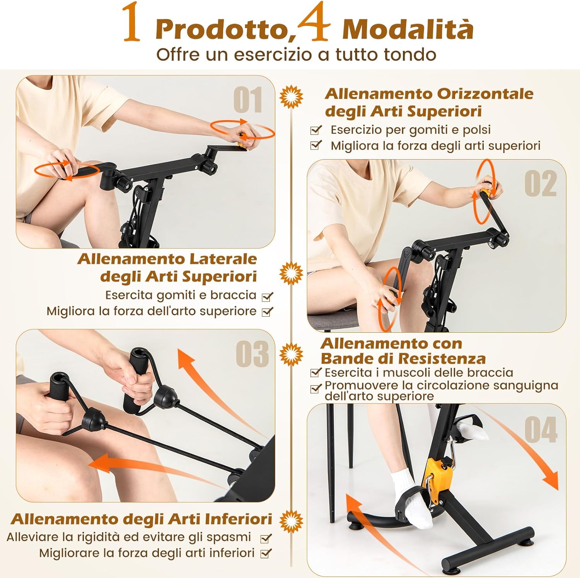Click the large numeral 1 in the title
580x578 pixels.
[x=132, y=22]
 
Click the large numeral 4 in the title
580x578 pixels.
[x=313, y=22]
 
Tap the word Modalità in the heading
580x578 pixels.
[x=408, y=29]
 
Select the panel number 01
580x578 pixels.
[x=248, y=100]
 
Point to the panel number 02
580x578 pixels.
[x=540, y=184]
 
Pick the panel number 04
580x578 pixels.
[x=541, y=430]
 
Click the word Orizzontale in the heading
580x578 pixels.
[x=485, y=94]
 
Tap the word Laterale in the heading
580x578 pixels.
[x=223, y=259]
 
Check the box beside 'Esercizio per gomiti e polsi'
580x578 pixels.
[x=316, y=130]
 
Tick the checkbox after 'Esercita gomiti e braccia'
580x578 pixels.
[x=267, y=297]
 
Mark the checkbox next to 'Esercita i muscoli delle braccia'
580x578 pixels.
[x=316, y=373]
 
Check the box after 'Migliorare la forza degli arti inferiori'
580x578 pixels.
[x=266, y=554]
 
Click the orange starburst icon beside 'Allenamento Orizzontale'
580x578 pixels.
[x=291, y=96]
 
